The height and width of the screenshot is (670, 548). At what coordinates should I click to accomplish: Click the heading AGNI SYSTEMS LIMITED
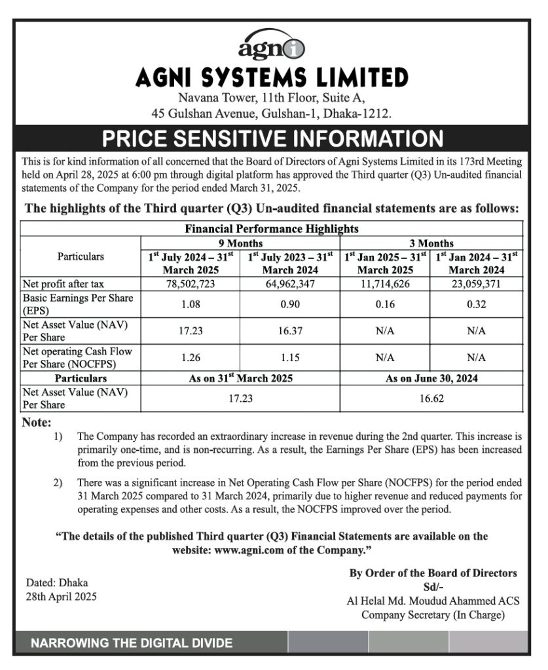[x=272, y=78]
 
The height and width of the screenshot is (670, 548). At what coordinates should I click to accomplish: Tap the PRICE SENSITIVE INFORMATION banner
[x=272, y=138]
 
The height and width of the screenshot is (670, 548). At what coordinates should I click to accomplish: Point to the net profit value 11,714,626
[x=386, y=284]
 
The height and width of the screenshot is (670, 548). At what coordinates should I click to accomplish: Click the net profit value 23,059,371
[x=476, y=284]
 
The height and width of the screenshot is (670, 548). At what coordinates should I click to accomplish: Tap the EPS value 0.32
[x=476, y=304]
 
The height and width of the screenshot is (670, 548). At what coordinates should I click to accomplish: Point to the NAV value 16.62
[x=431, y=398]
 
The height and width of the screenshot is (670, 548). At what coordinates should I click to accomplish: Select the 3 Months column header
[x=431, y=243]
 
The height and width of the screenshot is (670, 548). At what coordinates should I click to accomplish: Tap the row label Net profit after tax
[x=63, y=284]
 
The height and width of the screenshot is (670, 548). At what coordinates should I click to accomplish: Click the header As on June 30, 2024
[x=431, y=378]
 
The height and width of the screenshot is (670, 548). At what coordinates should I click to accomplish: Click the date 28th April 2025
[x=62, y=596]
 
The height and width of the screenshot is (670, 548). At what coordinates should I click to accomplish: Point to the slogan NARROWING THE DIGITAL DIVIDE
[x=132, y=643]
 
